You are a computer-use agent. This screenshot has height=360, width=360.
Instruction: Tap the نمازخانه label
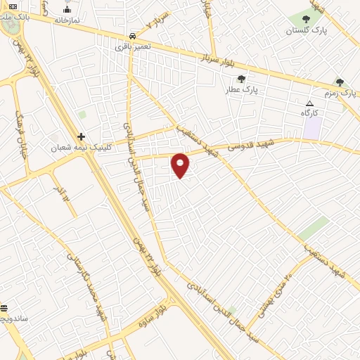pyautogui.click(x=67, y=21)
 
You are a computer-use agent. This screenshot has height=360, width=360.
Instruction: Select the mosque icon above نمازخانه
pyautogui.click(x=67, y=9)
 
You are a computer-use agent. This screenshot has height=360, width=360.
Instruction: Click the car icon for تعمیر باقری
pyautogui.click(x=133, y=36)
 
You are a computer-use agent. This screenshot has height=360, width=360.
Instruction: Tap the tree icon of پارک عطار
pyautogui.click(x=242, y=79)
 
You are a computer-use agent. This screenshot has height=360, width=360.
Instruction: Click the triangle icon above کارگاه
pyautogui.click(x=309, y=103)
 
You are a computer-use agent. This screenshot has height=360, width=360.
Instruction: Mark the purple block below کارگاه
pyautogui.click(x=312, y=128)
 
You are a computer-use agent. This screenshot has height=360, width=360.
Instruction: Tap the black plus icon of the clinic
pyautogui.click(x=82, y=136)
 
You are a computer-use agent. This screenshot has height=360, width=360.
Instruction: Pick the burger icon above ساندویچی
pyautogui.click(x=4, y=308)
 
